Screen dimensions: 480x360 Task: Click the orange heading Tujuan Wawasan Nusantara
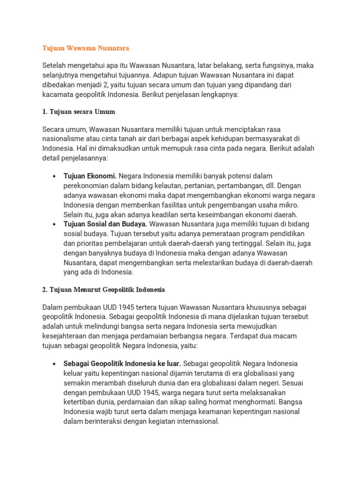click(x=85, y=48)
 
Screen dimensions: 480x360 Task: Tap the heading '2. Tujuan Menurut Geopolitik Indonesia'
click(x=104, y=290)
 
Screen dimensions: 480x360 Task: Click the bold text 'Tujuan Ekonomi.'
click(x=90, y=176)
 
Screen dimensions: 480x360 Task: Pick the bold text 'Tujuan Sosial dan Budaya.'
click(x=105, y=224)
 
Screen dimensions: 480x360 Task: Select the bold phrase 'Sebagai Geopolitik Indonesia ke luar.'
click(x=122, y=364)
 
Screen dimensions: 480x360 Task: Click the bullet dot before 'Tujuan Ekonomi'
click(x=55, y=177)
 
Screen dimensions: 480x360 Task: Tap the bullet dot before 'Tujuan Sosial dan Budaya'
click(x=55, y=225)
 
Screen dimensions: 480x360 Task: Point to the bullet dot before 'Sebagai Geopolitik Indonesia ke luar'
click(x=55, y=364)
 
